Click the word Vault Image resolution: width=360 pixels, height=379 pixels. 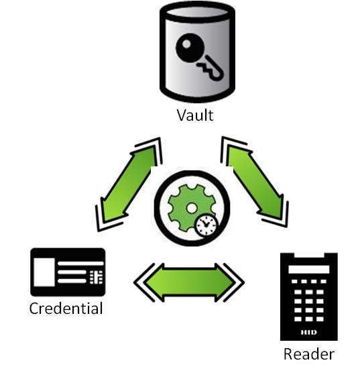click(x=195, y=115)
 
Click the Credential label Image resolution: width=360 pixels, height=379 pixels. click(x=66, y=308)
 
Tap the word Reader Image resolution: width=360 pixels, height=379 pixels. click(x=309, y=354)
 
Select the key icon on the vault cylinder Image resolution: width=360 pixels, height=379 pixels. click(x=199, y=56)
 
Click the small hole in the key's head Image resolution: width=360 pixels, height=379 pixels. click(x=186, y=44)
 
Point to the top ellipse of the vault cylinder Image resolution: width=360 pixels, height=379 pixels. click(x=197, y=12)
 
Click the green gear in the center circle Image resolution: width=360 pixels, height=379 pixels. click(x=191, y=208)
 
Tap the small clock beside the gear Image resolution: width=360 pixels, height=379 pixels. click(x=206, y=226)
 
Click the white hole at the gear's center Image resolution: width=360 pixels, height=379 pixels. click(x=192, y=209)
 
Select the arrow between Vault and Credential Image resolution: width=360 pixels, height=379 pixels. click(x=129, y=184)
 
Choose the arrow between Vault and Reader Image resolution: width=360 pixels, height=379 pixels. click(x=255, y=182)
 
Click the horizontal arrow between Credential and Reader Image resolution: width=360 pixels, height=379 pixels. click(x=189, y=282)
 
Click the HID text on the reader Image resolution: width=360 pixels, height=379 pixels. click(x=309, y=332)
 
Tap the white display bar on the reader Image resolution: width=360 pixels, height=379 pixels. click(x=309, y=269)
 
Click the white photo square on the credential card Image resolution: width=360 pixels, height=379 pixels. click(x=44, y=272)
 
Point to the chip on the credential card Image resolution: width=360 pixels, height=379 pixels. click(x=96, y=277)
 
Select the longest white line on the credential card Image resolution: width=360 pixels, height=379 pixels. click(x=80, y=264)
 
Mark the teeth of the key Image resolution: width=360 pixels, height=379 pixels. click(x=204, y=68)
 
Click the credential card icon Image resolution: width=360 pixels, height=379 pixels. click(x=68, y=272)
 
